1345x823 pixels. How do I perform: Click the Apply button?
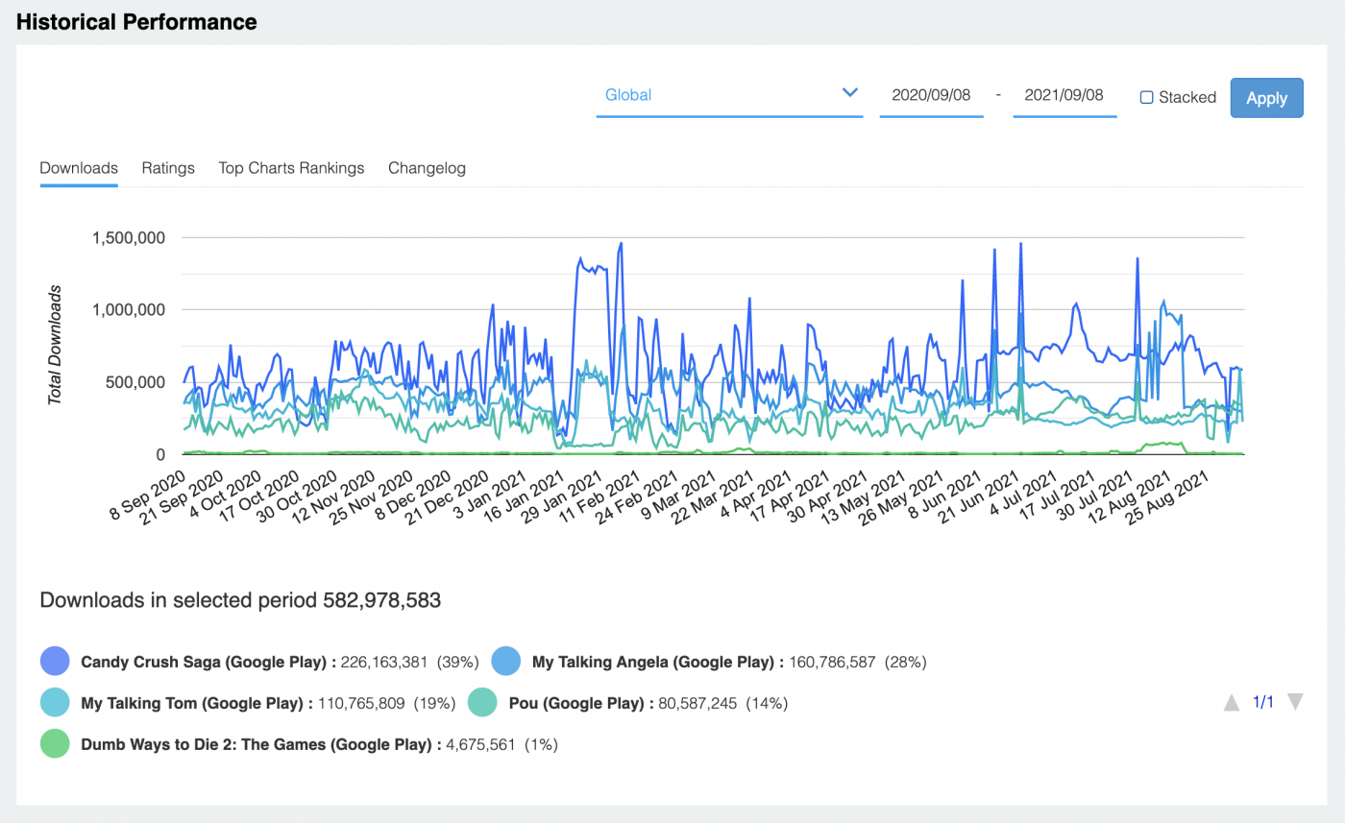point(1266,98)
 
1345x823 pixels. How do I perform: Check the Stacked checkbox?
point(1146,97)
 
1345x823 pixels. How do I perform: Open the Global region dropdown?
point(728,95)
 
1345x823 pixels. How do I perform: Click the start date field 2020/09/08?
point(931,95)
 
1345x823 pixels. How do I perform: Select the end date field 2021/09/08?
point(1064,95)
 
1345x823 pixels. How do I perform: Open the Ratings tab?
point(168,168)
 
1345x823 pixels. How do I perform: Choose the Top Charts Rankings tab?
point(291,168)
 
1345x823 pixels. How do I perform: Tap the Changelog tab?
point(427,168)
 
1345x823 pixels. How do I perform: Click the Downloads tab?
point(79,168)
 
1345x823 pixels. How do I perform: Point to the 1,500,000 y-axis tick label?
point(130,237)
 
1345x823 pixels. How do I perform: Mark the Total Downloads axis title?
point(56,344)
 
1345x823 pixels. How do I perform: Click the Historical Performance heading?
point(136,22)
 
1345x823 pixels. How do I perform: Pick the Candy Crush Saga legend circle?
point(55,661)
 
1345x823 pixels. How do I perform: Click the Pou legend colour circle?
point(482,702)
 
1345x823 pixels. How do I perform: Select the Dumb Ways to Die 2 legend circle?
point(55,743)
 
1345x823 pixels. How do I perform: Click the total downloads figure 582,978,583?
point(381,601)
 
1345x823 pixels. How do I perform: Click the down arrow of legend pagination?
point(1294,702)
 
